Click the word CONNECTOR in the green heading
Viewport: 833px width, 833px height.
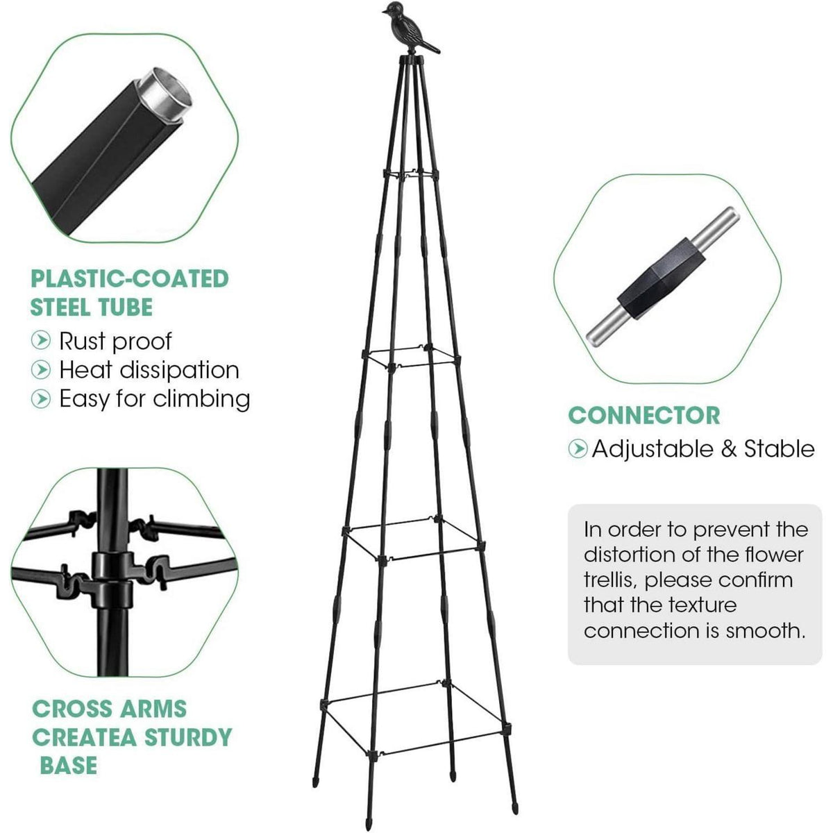click(643, 415)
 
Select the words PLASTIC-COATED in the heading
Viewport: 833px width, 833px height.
click(129, 279)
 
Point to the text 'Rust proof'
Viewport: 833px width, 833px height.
click(115, 341)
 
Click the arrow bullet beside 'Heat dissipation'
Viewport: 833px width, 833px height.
click(41, 369)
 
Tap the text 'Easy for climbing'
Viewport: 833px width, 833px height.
click(154, 398)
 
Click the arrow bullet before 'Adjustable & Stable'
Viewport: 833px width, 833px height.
click(578, 448)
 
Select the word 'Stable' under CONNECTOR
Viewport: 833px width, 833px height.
click(779, 448)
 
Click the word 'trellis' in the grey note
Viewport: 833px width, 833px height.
click(609, 580)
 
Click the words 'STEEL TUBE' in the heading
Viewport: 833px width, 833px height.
click(91, 308)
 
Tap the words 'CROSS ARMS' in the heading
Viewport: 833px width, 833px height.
click(110, 709)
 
